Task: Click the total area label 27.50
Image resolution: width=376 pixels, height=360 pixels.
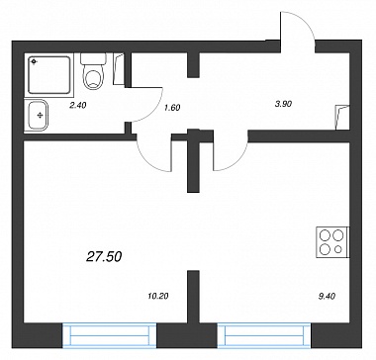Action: [x=104, y=257]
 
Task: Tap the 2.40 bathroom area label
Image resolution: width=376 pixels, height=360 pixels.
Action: [x=77, y=105]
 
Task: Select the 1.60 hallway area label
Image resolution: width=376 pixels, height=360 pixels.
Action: [x=172, y=108]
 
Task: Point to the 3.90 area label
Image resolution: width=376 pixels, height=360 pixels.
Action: [x=283, y=104]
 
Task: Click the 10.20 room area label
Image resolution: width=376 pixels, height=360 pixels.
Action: [x=158, y=296]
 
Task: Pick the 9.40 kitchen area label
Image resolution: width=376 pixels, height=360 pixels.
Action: [x=327, y=296]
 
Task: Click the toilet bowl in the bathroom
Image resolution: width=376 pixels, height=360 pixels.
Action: [x=93, y=77]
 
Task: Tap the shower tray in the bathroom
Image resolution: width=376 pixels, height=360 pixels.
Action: [x=49, y=75]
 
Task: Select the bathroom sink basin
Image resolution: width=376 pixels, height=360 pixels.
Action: [x=38, y=115]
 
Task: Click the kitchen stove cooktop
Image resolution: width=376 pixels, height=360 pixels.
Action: [x=332, y=242]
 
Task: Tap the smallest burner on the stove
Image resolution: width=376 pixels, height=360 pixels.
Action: [x=337, y=249]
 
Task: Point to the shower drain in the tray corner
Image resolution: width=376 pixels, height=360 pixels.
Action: [x=34, y=61]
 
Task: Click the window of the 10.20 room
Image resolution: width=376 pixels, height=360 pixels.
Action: [x=109, y=335]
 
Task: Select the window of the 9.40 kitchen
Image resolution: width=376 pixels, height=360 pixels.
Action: [x=264, y=335]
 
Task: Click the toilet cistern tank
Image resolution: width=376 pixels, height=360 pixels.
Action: [x=93, y=58]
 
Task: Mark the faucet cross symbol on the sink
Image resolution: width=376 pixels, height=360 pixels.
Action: [x=41, y=115]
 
